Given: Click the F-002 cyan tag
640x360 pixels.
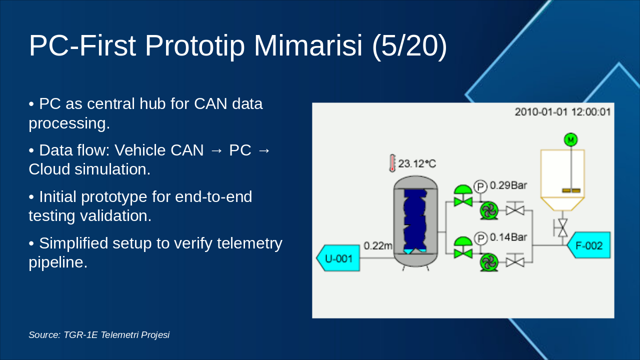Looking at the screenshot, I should click(589, 245).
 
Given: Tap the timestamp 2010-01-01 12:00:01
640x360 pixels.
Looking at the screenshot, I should click(562, 111).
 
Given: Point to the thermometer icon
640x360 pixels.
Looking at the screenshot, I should click(392, 163).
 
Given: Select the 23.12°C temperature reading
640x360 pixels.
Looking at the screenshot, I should click(417, 163).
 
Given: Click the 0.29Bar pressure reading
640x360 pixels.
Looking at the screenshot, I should click(508, 185).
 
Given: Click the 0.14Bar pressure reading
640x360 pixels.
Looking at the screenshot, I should click(508, 237).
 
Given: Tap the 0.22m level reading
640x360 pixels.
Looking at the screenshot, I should click(378, 245).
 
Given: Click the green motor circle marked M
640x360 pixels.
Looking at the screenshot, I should click(570, 139).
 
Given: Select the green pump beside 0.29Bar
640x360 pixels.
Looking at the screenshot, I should click(488, 210).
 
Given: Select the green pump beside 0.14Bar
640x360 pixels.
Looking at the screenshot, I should click(488, 261).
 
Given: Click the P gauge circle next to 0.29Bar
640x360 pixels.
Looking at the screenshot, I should click(480, 186).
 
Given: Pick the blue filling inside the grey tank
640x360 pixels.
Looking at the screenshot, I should click(414, 220).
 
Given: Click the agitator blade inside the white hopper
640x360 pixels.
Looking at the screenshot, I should click(570, 190).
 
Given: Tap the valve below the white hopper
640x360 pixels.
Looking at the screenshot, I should click(562, 228).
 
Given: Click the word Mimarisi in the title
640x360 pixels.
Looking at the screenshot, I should click(308, 46).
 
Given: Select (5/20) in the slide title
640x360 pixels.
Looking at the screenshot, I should click(409, 46).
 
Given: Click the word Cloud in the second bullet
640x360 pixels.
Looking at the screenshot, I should click(49, 169).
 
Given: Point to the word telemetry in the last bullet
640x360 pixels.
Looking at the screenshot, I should click(248, 243).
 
